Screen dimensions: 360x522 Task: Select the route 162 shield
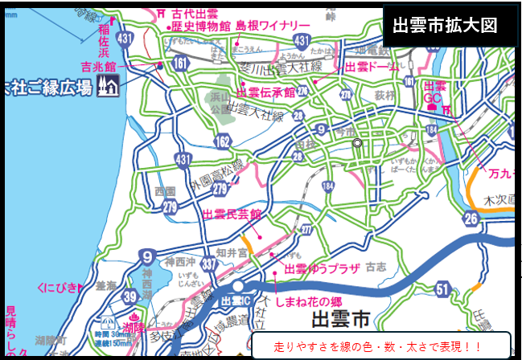click(x=223, y=142)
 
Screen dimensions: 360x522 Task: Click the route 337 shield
click(x=210, y=263)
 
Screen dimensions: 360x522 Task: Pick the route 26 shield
click(x=471, y=218)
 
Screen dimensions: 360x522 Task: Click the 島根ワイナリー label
click(x=273, y=26)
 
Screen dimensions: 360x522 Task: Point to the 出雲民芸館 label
click(x=232, y=215)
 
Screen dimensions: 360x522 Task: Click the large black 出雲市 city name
click(x=344, y=320)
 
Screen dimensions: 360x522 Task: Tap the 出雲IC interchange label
click(x=236, y=300)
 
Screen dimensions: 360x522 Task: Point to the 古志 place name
click(x=376, y=266)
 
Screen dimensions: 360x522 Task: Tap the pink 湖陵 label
click(x=134, y=328)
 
